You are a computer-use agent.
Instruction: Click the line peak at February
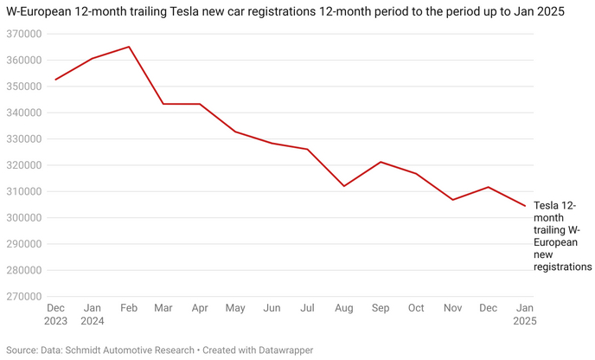pos(129,47)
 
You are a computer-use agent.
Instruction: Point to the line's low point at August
pos(344,186)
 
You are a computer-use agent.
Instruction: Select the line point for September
pos(381,162)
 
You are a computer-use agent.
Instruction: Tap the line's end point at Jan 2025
pos(524,206)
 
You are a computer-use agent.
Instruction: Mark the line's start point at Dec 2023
pos(55,80)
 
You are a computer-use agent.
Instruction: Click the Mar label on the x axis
pos(163,308)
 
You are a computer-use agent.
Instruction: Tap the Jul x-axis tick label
pos(307,308)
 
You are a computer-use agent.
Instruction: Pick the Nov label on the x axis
pos(452,308)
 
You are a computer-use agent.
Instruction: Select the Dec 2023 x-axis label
pos(55,315)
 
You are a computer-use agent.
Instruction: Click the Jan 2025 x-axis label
pos(524,315)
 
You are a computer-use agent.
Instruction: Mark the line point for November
pos(452,200)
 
